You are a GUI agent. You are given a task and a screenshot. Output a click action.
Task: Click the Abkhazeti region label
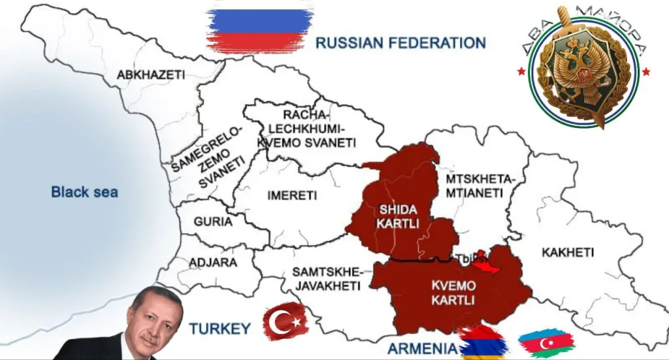(150, 75)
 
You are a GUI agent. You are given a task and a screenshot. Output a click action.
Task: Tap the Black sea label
(84, 191)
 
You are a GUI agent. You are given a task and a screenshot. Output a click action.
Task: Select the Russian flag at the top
(259, 29)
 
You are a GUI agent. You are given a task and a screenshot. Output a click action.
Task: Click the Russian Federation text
(400, 43)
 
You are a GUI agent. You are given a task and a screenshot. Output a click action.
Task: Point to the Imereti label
(292, 195)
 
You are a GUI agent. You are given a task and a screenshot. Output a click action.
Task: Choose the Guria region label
(212, 221)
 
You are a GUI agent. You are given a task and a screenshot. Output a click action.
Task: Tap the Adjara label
(213, 262)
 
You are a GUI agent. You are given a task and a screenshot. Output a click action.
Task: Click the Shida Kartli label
(397, 217)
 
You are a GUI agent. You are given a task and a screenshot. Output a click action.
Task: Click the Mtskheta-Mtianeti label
(480, 186)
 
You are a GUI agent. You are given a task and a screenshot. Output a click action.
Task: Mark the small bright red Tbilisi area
(484, 262)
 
